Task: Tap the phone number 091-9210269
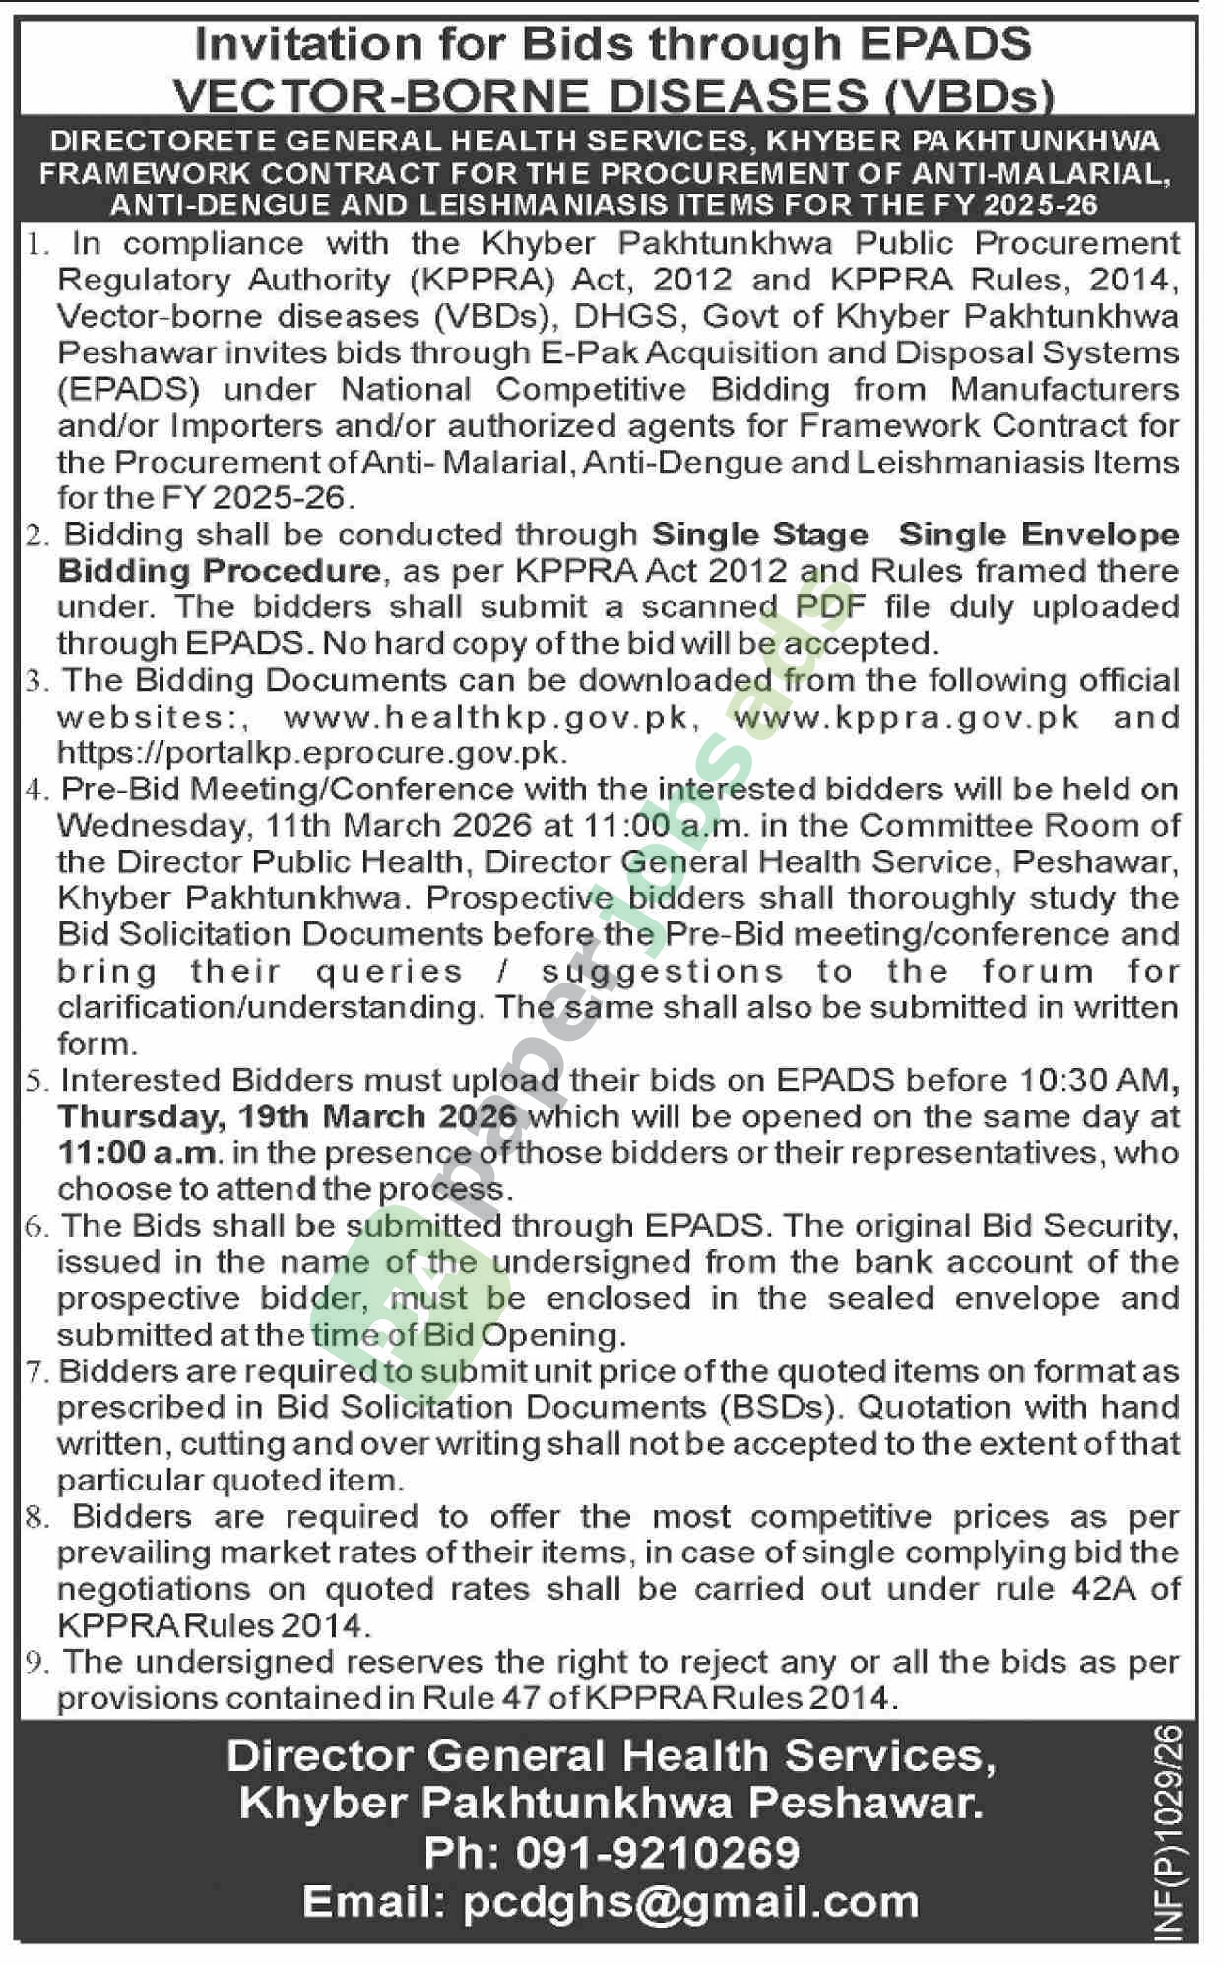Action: [657, 1853]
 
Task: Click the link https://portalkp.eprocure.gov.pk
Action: [312, 753]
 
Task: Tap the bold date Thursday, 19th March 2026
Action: [288, 1116]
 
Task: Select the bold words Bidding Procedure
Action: [219, 571]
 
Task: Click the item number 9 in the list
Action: [37, 1663]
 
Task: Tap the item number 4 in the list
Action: [36, 790]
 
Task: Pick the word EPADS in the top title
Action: [945, 45]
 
